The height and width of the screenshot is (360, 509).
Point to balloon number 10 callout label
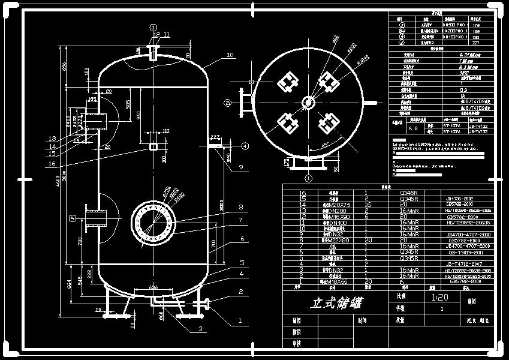click(230, 55)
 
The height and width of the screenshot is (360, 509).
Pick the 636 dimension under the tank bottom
click(154, 287)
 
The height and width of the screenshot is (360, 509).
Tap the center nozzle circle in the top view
click(308, 102)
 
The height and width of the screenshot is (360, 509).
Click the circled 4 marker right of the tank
click(245, 146)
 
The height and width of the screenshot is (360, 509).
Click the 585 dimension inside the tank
click(128, 103)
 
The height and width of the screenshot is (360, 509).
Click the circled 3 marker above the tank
click(152, 28)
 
